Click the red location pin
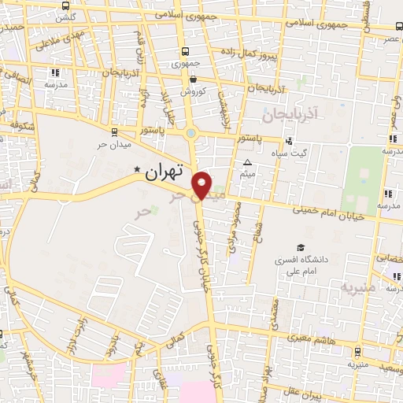203,184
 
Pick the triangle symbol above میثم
246,163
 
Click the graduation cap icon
299,246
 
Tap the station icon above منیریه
359,352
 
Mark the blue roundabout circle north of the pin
191,133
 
